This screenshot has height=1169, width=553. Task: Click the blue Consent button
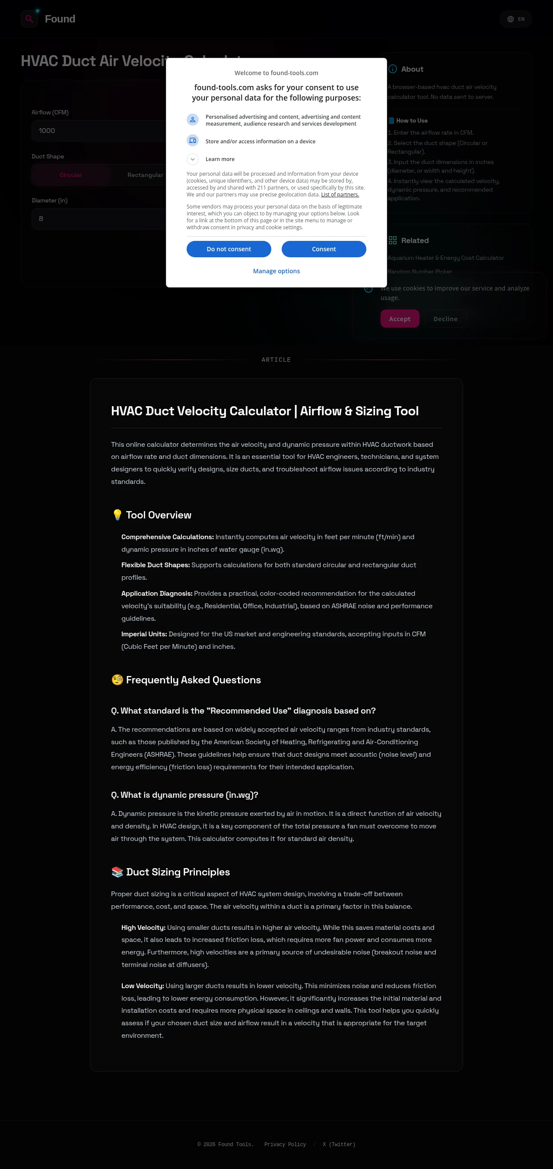[x=323, y=249]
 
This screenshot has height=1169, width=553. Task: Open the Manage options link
[x=276, y=271]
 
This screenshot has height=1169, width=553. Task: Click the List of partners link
[x=340, y=195]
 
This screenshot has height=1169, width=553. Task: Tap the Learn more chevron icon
[x=193, y=159]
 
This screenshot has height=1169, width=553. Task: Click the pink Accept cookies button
[x=400, y=319]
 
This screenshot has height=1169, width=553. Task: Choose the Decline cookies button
[x=445, y=319]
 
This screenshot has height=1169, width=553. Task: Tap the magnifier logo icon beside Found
[x=29, y=19]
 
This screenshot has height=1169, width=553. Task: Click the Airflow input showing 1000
[x=98, y=131]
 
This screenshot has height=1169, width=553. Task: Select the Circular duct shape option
[x=71, y=175]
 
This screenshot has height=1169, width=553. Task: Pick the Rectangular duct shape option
[x=145, y=175]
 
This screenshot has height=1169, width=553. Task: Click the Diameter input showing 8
[x=98, y=219]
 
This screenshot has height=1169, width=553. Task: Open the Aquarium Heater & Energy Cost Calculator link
[x=445, y=258]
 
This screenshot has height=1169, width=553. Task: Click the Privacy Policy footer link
[x=285, y=1144]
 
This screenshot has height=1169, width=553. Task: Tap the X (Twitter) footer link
[x=339, y=1144]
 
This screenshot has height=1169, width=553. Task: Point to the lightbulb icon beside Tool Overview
[x=117, y=515]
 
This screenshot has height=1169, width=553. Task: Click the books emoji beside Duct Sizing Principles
[x=117, y=872]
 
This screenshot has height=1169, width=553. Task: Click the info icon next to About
[x=393, y=69]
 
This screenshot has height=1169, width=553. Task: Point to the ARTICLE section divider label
[x=276, y=360]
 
